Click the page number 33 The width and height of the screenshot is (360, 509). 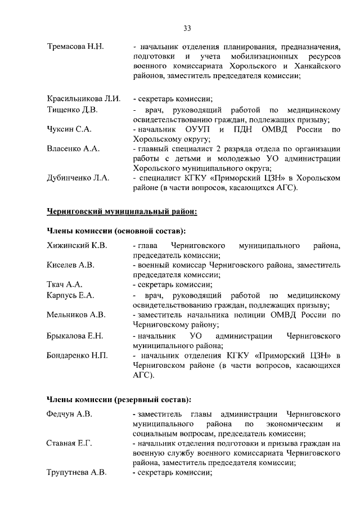tap(187, 28)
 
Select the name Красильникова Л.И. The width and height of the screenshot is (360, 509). tap(84, 98)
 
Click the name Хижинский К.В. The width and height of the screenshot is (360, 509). tap(76, 246)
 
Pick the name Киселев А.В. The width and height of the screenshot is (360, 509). tap(70, 265)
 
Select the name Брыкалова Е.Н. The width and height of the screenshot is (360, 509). tap(75, 336)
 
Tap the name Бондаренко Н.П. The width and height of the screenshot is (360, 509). tap(76, 355)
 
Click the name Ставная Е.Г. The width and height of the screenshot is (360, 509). tap(70, 443)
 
